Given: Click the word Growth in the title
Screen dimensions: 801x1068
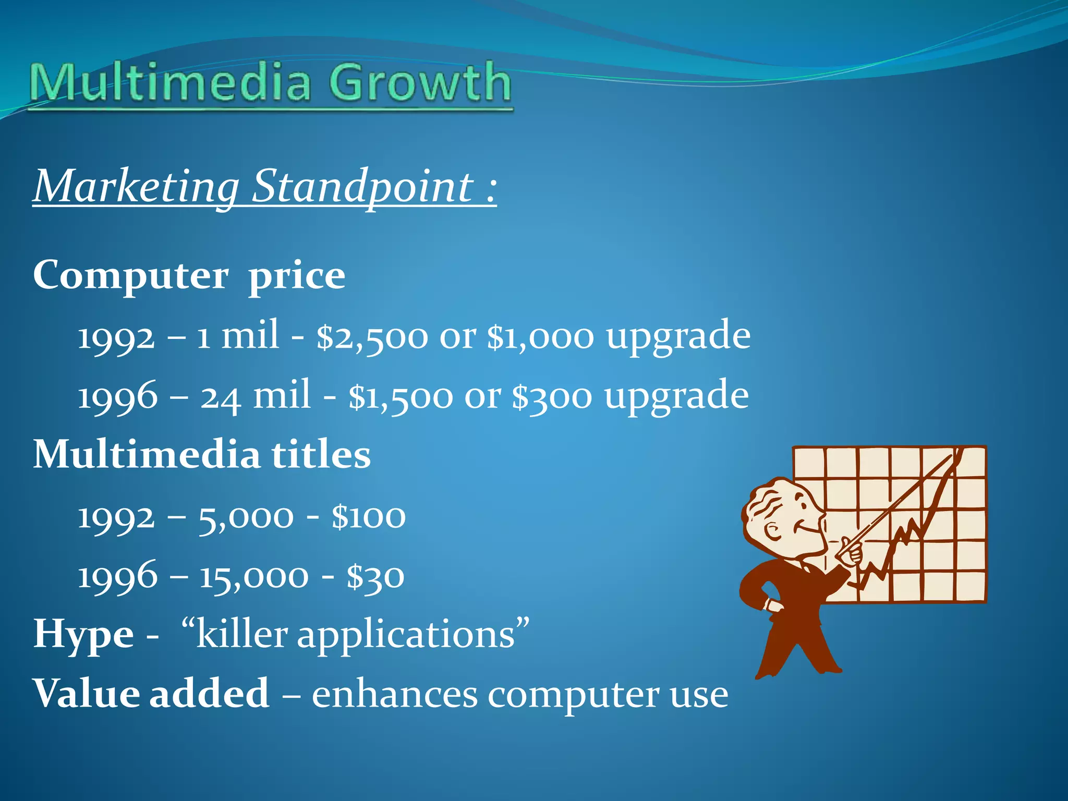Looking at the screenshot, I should (x=420, y=82).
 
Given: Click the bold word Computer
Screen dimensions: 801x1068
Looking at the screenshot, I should (x=131, y=275).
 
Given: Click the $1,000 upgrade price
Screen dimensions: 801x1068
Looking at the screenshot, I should (x=540, y=336).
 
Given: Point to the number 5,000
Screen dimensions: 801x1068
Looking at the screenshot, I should (x=246, y=517).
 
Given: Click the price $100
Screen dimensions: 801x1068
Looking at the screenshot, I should (x=368, y=517).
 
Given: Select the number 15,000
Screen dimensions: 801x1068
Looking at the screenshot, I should (x=254, y=577).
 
